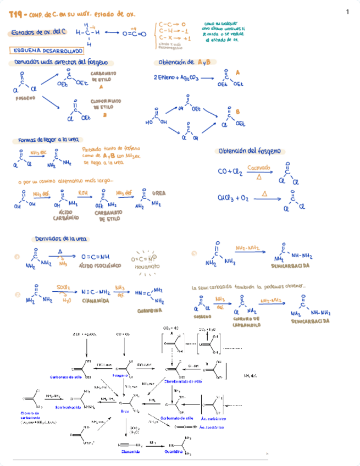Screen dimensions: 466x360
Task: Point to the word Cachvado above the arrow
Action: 258,167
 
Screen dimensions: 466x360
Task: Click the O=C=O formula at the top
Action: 135,34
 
